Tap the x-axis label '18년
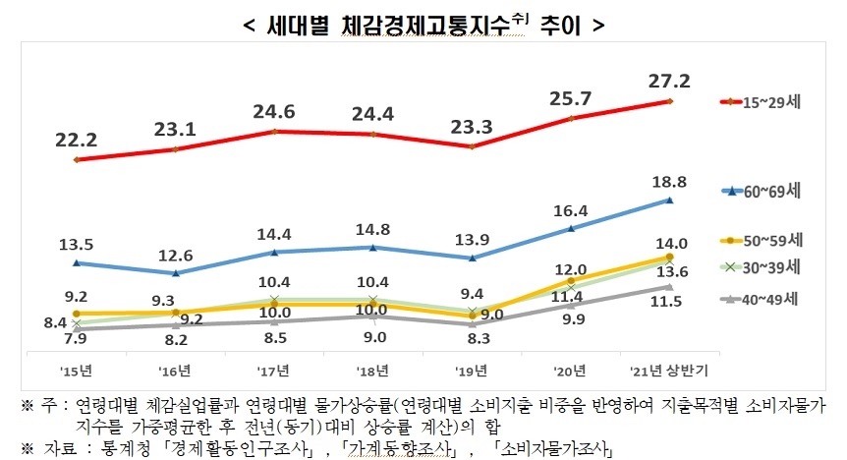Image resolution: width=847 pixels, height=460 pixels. pos(372,371)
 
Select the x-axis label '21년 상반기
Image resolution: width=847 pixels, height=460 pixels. pos(668,371)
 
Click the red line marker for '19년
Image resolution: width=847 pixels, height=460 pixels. pos(472,147)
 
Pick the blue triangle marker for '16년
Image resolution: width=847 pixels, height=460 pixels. pos(175,273)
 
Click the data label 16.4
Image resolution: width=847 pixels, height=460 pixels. pos(570,210)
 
